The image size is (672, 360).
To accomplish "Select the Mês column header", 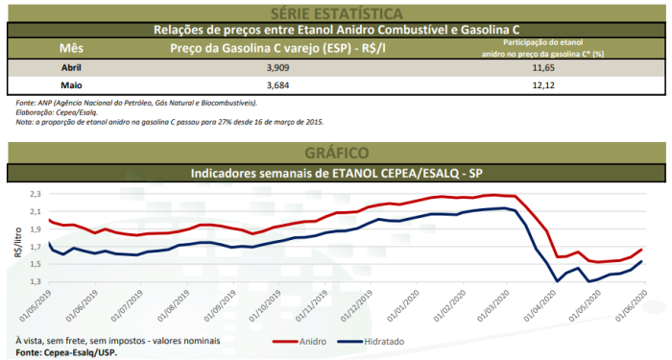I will [x=71, y=47].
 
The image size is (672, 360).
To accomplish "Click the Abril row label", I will [x=73, y=68].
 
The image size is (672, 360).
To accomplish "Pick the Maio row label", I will [x=72, y=85].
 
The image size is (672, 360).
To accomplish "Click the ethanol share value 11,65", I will [x=542, y=68].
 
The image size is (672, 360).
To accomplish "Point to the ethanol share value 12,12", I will [x=542, y=85].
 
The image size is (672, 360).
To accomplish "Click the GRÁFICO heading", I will [x=335, y=153].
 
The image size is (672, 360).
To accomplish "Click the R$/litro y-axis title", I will [x=14, y=246].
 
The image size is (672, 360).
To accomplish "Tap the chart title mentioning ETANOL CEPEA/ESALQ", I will [x=335, y=173].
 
